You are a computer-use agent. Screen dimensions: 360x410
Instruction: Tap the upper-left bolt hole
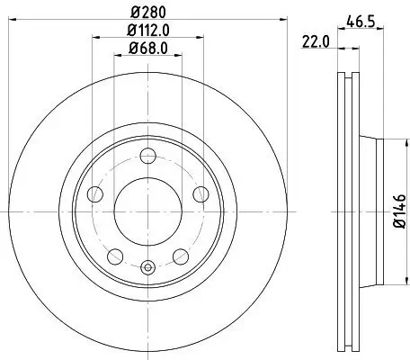pos(94,193)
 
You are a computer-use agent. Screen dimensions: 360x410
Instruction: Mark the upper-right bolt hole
pos(202,193)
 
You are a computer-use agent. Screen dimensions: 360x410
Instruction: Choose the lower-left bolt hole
pos(114,257)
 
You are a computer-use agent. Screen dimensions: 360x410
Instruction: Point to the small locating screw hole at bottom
pos(148,265)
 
